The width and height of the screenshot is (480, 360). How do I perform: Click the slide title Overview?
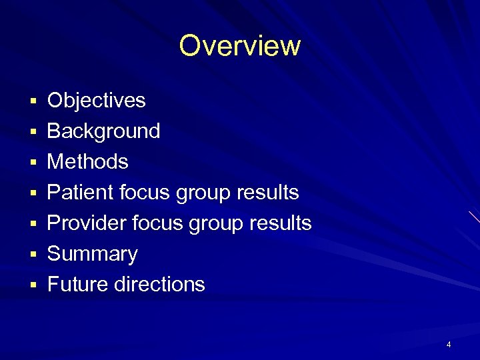(x=240, y=46)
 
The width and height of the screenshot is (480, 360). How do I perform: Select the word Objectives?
(x=97, y=101)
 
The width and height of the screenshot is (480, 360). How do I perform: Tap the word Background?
(x=104, y=131)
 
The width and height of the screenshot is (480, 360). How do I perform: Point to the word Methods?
(x=88, y=162)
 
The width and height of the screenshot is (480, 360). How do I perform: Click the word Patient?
(x=81, y=193)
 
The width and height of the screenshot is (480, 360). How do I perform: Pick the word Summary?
(x=93, y=254)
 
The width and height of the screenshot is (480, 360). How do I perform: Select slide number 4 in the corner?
(x=449, y=345)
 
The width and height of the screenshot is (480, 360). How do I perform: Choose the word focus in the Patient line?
(x=145, y=193)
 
